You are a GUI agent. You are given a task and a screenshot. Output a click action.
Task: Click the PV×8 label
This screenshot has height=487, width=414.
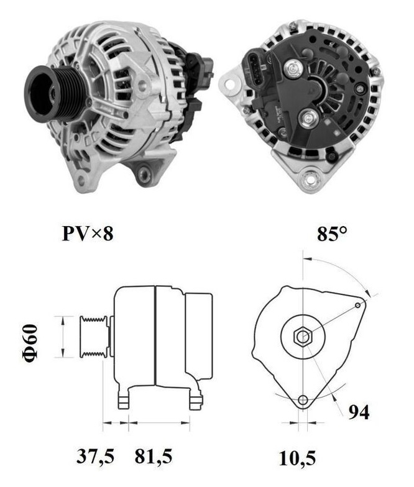click(x=87, y=234)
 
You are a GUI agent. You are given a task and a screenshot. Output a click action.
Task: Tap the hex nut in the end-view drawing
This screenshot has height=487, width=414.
click(x=302, y=337)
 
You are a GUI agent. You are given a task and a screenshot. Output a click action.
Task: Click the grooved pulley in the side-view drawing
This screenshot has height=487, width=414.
click(x=91, y=336)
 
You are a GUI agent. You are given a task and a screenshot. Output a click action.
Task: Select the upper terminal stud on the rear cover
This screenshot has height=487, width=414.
click(x=290, y=69)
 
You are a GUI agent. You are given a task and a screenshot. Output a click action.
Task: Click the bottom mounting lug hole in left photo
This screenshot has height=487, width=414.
click(x=145, y=168)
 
